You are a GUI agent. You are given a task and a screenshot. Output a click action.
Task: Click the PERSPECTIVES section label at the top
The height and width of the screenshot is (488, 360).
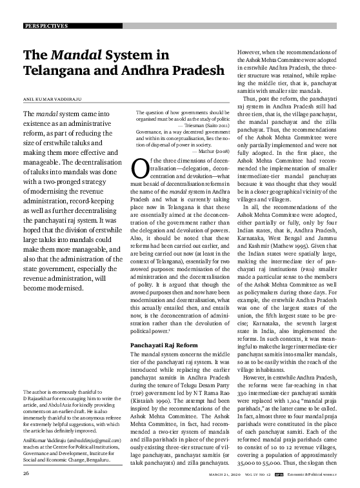click(46, 26)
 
